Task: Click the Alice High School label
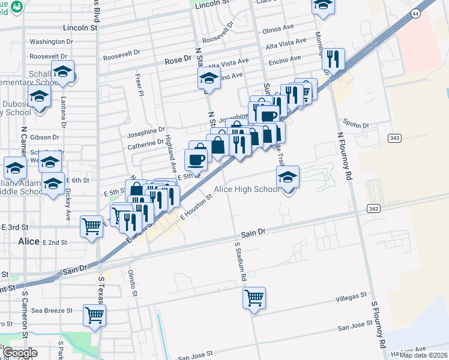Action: tap(247, 190)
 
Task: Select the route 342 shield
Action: tap(373, 207)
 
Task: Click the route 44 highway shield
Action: tap(415, 13)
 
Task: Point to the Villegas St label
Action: tap(351, 296)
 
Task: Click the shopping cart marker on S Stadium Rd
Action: tap(255, 297)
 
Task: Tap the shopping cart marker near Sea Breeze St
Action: tap(95, 314)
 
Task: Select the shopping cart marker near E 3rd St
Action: tap(91, 227)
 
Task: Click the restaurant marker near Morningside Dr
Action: tap(333, 59)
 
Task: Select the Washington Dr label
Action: tap(51, 42)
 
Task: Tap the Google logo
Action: tap(20, 353)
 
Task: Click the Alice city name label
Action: tap(28, 241)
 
